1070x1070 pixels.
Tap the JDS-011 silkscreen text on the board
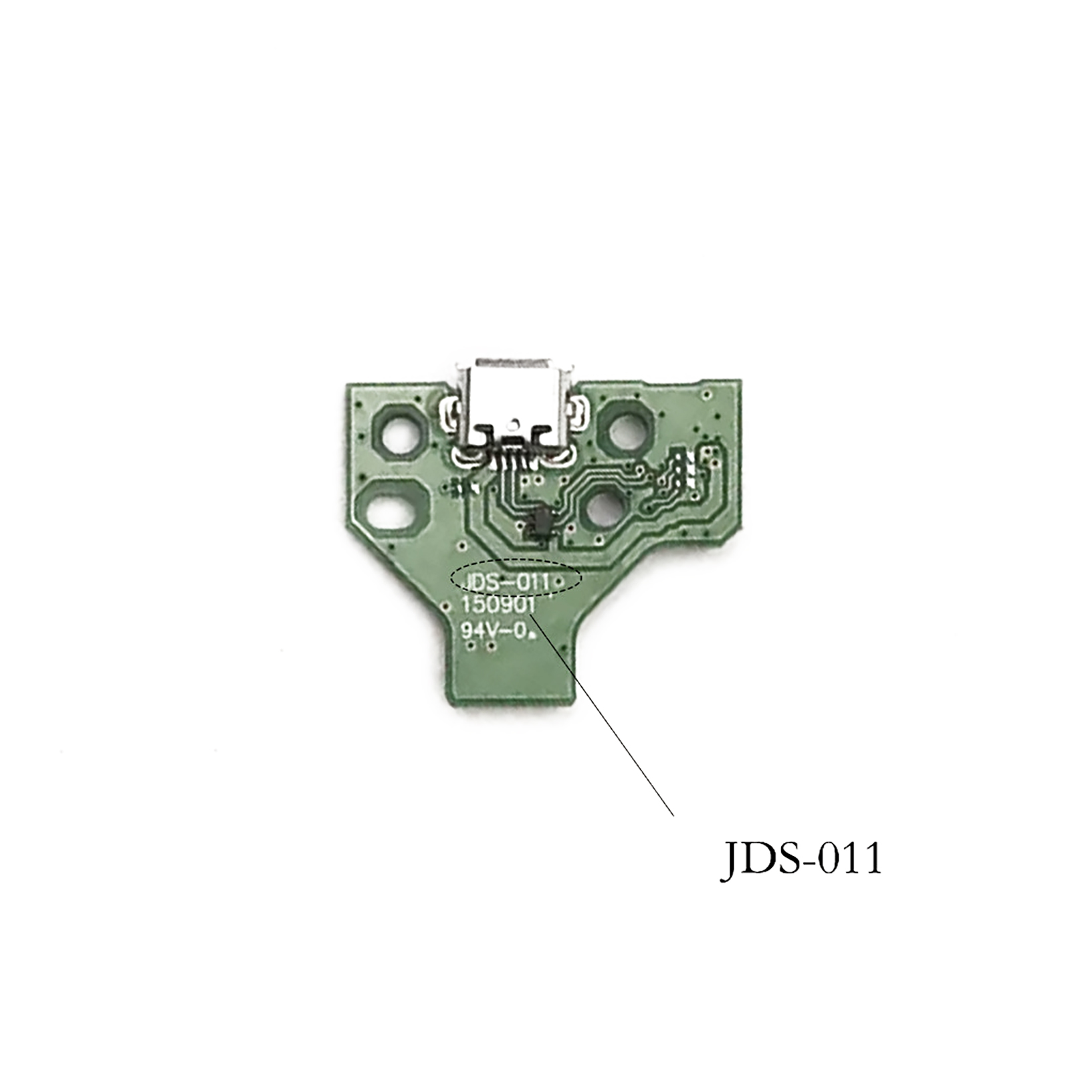pyautogui.click(x=508, y=582)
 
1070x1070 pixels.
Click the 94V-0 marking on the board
pyautogui.click(x=494, y=629)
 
